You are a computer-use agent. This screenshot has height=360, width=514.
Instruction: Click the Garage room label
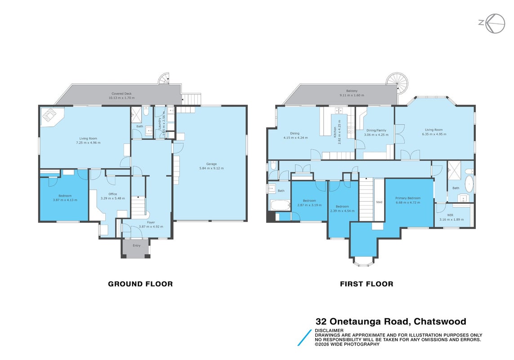click(x=211, y=164)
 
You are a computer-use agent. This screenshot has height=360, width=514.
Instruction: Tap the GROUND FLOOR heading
click(x=140, y=284)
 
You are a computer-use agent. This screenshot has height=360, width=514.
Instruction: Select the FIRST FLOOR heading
click(x=367, y=284)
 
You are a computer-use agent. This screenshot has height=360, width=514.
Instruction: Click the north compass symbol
click(x=492, y=23)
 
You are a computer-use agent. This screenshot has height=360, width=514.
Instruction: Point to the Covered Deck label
click(x=121, y=94)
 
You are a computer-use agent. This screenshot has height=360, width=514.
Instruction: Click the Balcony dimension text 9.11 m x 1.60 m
click(x=352, y=95)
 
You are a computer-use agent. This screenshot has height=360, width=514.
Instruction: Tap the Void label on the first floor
click(x=379, y=202)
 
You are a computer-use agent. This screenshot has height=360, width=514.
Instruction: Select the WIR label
click(x=450, y=215)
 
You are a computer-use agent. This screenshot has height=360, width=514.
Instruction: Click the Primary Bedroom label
click(x=408, y=198)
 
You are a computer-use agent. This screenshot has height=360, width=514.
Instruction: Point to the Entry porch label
click(x=136, y=245)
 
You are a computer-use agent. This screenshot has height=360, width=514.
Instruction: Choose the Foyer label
click(x=151, y=222)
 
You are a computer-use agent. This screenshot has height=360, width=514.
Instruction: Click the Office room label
click(x=113, y=194)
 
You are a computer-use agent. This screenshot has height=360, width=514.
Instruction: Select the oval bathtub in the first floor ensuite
click(x=470, y=184)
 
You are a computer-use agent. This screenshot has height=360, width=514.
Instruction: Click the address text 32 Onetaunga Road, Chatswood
click(x=391, y=321)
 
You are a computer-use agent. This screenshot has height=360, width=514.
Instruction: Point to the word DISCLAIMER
click(x=329, y=330)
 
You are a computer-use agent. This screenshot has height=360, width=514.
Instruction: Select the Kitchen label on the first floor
click(x=335, y=131)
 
